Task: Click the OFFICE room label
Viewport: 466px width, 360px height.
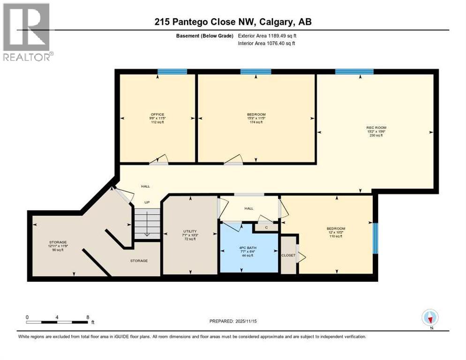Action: pyautogui.click(x=157, y=115)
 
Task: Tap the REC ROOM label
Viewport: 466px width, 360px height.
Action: pyautogui.click(x=376, y=127)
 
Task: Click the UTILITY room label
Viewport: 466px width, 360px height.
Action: pyautogui.click(x=190, y=232)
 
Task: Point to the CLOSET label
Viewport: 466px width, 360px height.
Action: pyautogui.click(x=288, y=255)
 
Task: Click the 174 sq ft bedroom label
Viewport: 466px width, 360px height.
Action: pyautogui.click(x=256, y=115)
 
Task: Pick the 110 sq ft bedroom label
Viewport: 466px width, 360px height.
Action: pyautogui.click(x=336, y=229)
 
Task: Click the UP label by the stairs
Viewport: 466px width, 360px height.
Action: pyautogui.click(x=147, y=202)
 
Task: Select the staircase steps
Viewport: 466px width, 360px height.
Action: pyautogui.click(x=147, y=224)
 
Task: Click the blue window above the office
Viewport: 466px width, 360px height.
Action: pyautogui.click(x=172, y=72)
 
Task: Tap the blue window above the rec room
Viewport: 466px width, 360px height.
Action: pyautogui.click(x=354, y=72)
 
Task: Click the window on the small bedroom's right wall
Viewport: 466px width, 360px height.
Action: pyautogui.click(x=375, y=239)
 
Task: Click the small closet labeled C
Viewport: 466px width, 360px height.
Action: pyautogui.click(x=266, y=228)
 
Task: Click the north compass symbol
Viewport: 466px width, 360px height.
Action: pyautogui.click(x=430, y=318)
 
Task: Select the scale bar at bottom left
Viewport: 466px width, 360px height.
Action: pyautogui.click(x=58, y=322)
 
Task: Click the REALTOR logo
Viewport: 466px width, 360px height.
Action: pyautogui.click(x=27, y=32)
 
